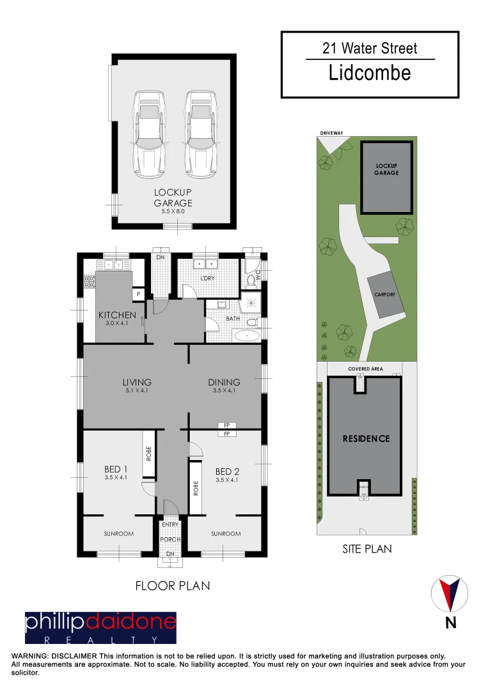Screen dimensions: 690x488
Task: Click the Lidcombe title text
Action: [370, 73]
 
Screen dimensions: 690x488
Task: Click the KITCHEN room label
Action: [117, 315]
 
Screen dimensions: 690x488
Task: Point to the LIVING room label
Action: [137, 383]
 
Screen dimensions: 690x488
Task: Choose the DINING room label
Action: [224, 383]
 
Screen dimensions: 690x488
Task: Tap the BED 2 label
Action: [227, 471]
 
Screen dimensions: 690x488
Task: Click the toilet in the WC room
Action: [250, 279]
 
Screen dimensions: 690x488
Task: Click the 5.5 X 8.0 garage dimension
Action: [172, 211]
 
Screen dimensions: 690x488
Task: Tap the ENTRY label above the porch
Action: [170, 525]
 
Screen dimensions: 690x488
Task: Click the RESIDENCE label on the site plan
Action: [366, 438]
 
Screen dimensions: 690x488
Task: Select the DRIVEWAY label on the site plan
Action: [331, 133]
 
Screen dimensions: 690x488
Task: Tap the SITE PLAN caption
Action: [367, 548]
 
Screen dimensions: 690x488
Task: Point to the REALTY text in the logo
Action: [100, 639]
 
